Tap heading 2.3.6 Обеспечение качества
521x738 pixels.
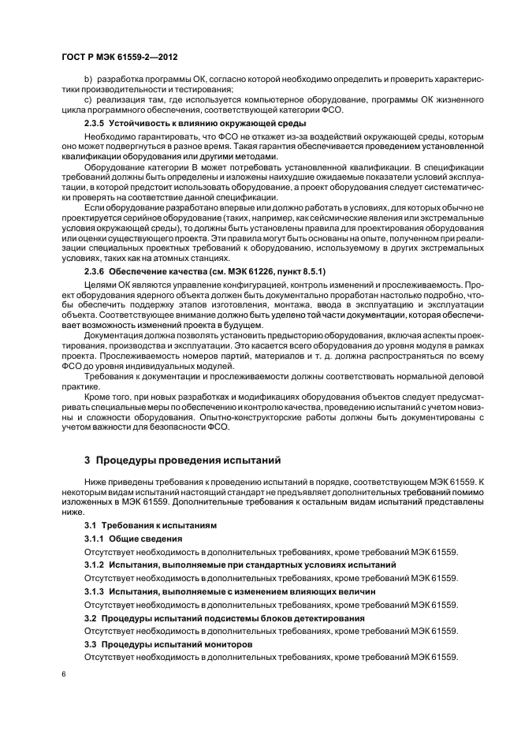[205, 272]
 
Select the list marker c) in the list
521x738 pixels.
[87, 100]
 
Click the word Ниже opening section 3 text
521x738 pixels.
[95, 480]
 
